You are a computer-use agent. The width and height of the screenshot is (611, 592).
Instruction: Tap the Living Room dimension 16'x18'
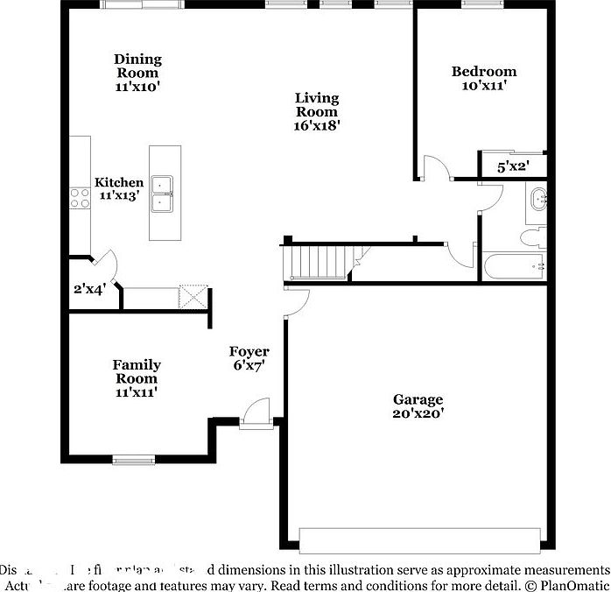[316, 125]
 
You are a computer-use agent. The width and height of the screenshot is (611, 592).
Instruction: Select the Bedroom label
[483, 72]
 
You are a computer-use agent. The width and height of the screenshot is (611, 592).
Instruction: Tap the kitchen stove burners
[78, 199]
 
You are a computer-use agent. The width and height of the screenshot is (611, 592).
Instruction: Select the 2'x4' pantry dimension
[90, 289]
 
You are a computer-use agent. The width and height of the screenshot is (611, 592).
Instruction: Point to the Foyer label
[249, 352]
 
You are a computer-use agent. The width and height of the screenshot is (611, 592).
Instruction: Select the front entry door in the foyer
[256, 413]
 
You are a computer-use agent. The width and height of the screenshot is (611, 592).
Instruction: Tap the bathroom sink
[538, 199]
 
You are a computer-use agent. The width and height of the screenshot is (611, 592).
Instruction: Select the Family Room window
[134, 459]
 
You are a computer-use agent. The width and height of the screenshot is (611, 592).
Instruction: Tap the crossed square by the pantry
[193, 296]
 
